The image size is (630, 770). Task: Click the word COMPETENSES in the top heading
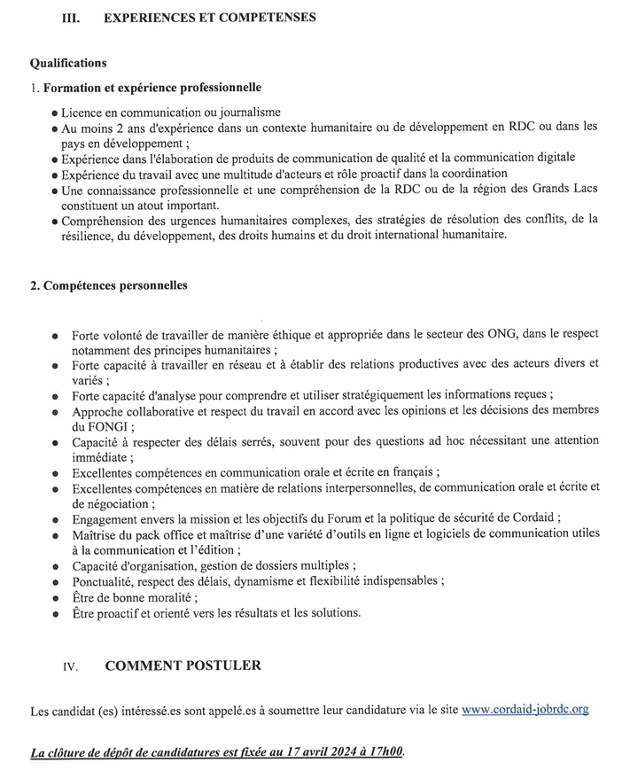266,17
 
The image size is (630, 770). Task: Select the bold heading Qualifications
68,63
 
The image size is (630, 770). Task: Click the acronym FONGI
91,425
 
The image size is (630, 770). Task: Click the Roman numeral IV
70,667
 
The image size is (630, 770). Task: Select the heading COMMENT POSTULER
183,665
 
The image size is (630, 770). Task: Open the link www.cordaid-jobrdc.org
525,710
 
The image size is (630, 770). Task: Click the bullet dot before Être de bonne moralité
55,597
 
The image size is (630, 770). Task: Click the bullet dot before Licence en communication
55,113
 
